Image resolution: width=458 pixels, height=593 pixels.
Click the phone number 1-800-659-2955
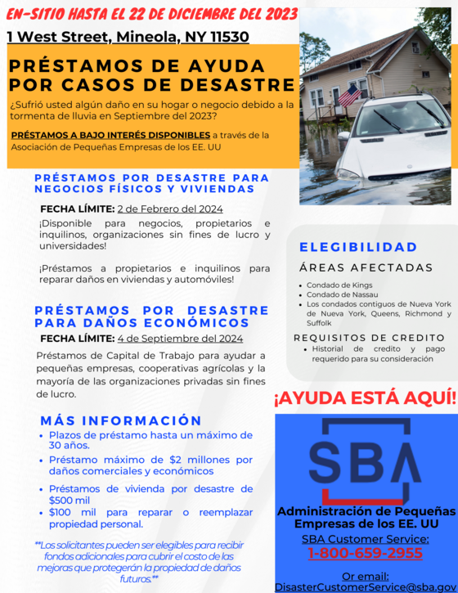[x=365, y=554]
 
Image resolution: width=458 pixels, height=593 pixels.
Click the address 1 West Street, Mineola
[x=128, y=36]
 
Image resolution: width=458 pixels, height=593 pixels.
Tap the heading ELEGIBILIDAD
[x=358, y=247]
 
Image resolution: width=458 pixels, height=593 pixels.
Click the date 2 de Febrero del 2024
[x=170, y=209]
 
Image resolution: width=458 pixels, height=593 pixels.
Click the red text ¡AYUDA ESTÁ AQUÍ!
[x=365, y=398]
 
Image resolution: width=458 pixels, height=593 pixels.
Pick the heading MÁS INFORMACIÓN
[x=121, y=420]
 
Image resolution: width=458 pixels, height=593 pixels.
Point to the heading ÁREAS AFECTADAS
[x=366, y=267]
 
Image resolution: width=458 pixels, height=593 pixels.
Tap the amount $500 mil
[x=70, y=501]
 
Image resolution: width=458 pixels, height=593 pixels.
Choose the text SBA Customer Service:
[x=365, y=538]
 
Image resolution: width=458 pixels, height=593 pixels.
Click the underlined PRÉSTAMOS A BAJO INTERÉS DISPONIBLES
[x=110, y=134]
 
